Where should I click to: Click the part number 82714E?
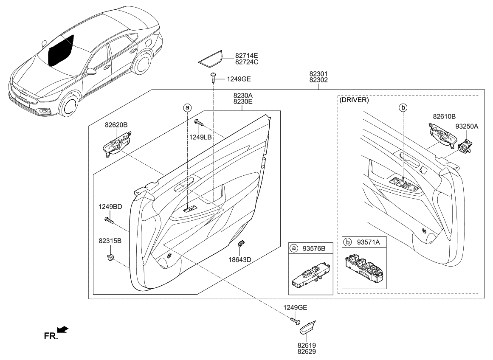[x=246, y=55]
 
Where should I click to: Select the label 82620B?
[x=116, y=125]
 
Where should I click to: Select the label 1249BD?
[x=110, y=207]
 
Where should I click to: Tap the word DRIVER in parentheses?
[x=354, y=101]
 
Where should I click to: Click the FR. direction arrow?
[x=63, y=329]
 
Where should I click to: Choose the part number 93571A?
[x=368, y=242]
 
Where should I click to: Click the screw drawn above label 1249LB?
[x=199, y=123]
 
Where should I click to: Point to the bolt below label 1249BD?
[x=110, y=220]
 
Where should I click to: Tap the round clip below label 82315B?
[x=111, y=257]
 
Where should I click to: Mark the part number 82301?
[x=318, y=73]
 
